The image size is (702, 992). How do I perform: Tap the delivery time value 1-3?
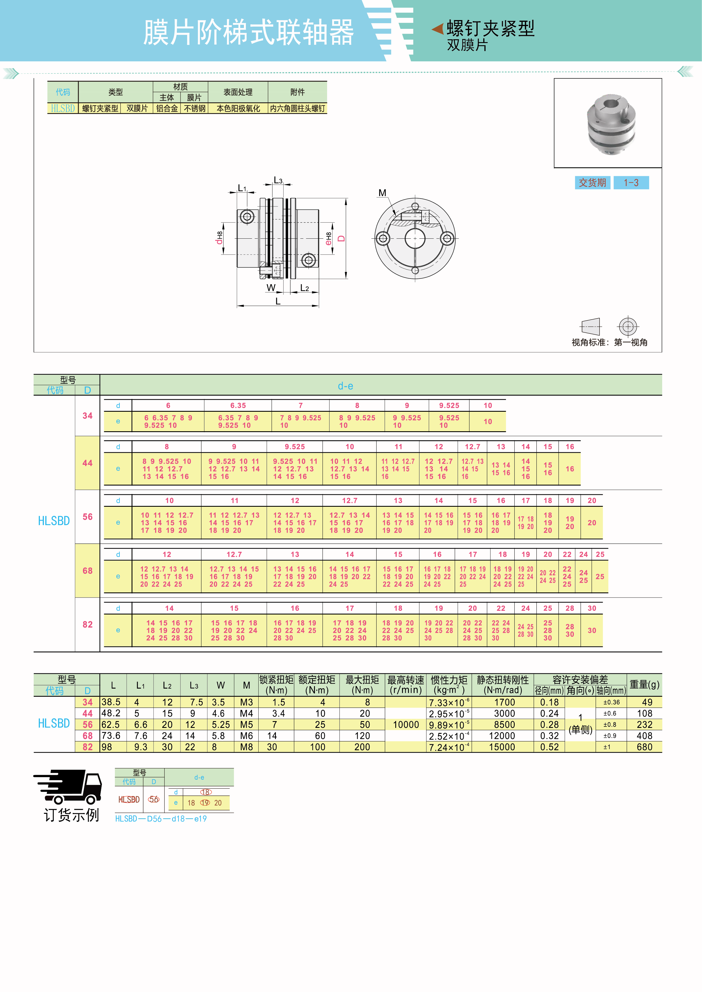coord(631,183)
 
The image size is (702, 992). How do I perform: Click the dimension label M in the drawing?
coord(382,193)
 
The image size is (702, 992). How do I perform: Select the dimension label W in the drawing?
coord(271,288)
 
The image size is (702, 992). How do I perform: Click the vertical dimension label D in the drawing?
coord(342,238)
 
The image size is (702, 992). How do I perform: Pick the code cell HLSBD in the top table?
coord(63,108)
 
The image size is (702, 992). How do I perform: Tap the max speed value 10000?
coord(406,724)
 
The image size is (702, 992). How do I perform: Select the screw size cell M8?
coord(246,747)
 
